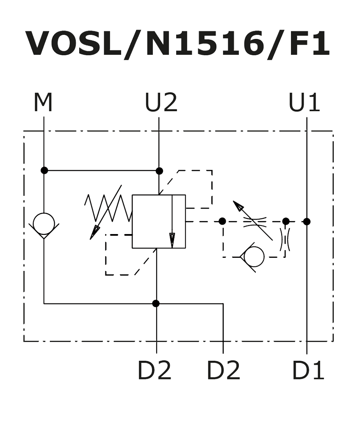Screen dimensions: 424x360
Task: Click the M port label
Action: [x=43, y=103]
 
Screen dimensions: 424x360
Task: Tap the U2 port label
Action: [x=161, y=103]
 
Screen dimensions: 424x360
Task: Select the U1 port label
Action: [x=304, y=103]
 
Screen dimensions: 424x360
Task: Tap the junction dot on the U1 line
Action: [x=307, y=221]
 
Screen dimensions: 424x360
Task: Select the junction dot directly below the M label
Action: [x=44, y=170]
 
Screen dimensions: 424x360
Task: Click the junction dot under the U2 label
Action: [x=159, y=171]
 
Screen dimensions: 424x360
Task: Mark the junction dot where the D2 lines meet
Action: [x=156, y=304]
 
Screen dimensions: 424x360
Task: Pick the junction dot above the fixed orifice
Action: [x=286, y=221]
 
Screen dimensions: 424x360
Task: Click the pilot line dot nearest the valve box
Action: [x=222, y=221]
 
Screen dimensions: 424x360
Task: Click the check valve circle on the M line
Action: [x=44, y=223]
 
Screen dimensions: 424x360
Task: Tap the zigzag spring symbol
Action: [x=108, y=208]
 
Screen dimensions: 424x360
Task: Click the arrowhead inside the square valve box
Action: [x=172, y=240]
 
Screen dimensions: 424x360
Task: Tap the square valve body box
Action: [x=159, y=221]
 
